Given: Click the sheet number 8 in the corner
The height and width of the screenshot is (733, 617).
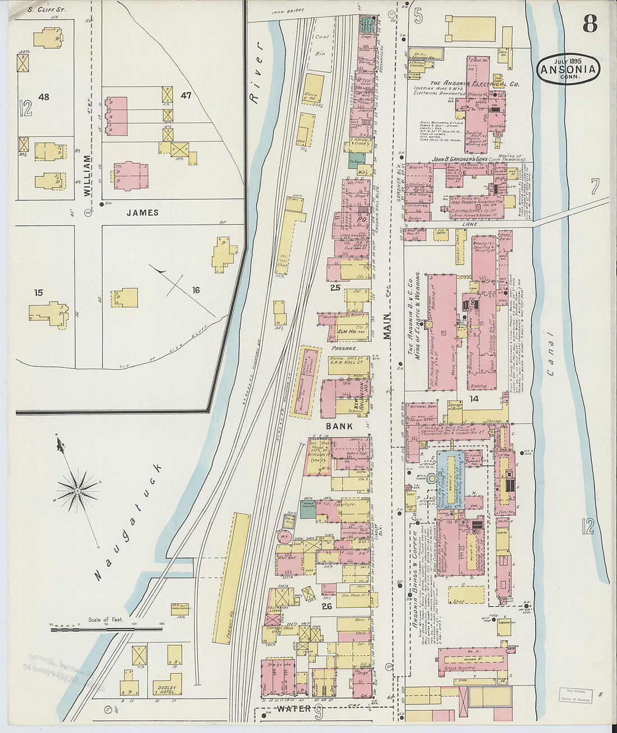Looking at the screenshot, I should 589,24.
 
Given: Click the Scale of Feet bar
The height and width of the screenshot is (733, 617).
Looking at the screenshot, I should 107,630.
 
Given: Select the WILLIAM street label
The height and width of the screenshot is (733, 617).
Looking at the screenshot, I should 87,175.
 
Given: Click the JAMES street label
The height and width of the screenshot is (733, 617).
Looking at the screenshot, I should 142,213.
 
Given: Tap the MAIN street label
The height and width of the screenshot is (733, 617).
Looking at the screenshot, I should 386,326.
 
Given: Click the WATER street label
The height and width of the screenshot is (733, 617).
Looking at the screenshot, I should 293,709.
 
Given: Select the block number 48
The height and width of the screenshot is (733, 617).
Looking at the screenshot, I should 44,97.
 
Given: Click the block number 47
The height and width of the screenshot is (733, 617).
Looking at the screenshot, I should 186,95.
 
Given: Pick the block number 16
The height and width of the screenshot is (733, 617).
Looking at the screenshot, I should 196,290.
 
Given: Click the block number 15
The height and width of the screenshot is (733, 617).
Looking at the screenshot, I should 38,293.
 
